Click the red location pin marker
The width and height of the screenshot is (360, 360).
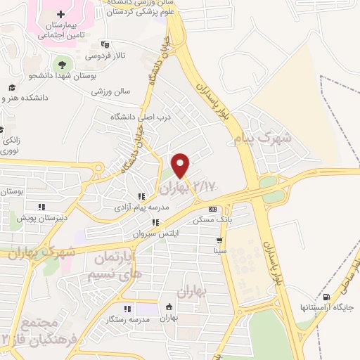(181, 165)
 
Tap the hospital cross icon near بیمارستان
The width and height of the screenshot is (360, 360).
(61, 14)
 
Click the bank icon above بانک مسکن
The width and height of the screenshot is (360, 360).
(213, 209)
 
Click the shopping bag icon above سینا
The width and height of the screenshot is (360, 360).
(220, 239)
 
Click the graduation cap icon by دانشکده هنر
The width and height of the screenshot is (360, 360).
(11, 87)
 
